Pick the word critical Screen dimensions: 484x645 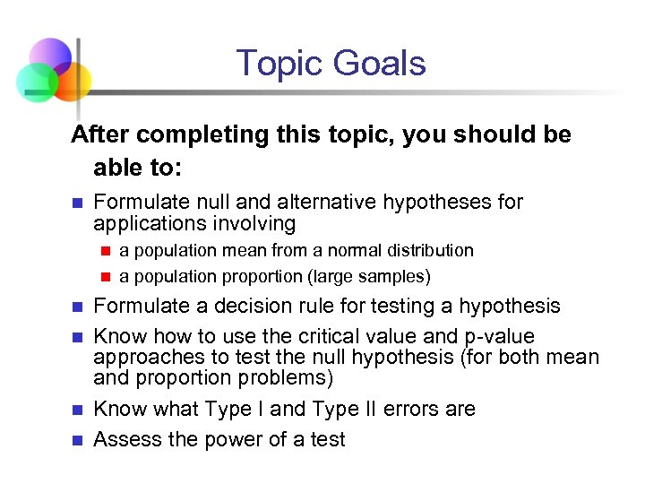coord(305,337)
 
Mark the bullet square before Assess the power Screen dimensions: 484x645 coord(77,440)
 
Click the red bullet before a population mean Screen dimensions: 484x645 coord(104,250)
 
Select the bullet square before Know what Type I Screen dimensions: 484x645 coord(77,410)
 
